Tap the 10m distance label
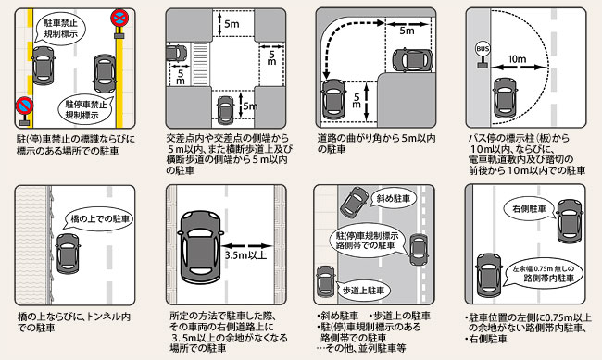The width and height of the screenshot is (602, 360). (517, 59)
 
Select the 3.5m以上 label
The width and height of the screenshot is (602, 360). (245, 255)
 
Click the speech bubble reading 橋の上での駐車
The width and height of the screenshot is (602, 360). (99, 219)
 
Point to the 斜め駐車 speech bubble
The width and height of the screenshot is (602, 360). (393, 198)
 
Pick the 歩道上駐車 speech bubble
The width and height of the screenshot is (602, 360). (362, 291)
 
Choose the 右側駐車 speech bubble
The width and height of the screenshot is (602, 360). (530, 209)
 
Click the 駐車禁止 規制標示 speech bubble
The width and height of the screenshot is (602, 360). (59, 27)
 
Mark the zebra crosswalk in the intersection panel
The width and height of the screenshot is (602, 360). (200, 63)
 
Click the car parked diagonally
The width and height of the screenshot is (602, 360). (354, 201)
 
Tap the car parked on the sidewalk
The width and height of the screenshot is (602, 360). (326, 281)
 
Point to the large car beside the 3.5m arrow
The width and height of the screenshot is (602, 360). (200, 247)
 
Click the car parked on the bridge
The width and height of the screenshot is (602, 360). (68, 254)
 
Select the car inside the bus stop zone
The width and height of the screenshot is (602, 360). (504, 97)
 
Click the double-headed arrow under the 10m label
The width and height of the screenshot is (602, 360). (519, 68)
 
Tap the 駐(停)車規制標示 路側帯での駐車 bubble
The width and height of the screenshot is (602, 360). (368, 241)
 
